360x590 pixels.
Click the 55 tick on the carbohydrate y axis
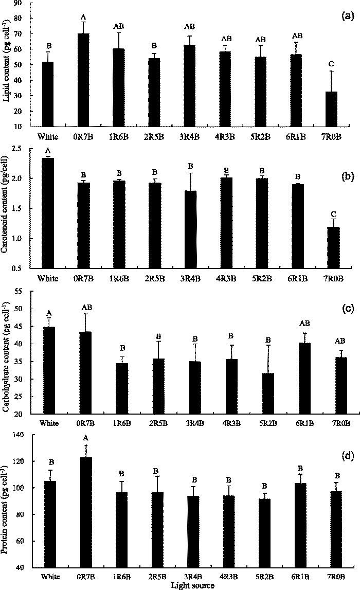coord(24,291)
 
